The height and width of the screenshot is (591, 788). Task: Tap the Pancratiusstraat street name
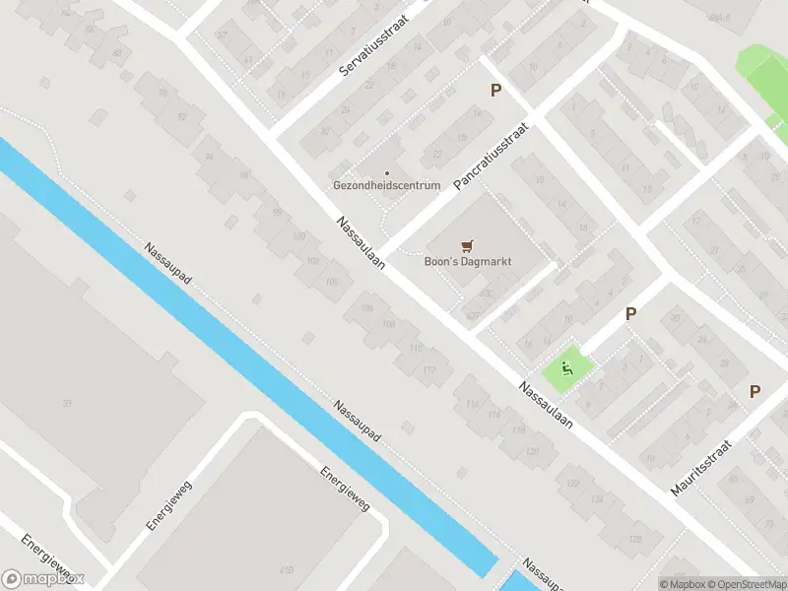pyautogui.click(x=491, y=156)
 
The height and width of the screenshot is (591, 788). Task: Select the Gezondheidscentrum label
pyautogui.click(x=386, y=185)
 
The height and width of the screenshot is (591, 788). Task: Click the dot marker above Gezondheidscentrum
pyautogui.click(x=386, y=173)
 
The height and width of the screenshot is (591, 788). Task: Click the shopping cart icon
pyautogui.click(x=466, y=247)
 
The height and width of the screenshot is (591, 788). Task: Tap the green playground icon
pyautogui.click(x=566, y=368)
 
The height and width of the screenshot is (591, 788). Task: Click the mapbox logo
pyautogui.click(x=43, y=579)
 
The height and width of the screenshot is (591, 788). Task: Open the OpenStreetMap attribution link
pyautogui.click(x=745, y=583)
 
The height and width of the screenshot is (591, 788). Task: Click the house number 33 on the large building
pyautogui.click(x=67, y=403)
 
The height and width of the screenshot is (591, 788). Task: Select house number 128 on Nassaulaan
pyautogui.click(x=634, y=539)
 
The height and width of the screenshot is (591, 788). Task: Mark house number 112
pyautogui.click(x=428, y=369)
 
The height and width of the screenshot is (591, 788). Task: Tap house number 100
pyautogui.click(x=299, y=236)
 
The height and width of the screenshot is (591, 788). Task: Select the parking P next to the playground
pyautogui.click(x=630, y=313)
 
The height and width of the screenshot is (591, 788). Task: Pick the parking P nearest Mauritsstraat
pyautogui.click(x=755, y=391)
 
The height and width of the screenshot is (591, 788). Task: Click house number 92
pyautogui.click(x=180, y=117)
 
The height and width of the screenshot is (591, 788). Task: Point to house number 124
pyautogui.click(x=597, y=500)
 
